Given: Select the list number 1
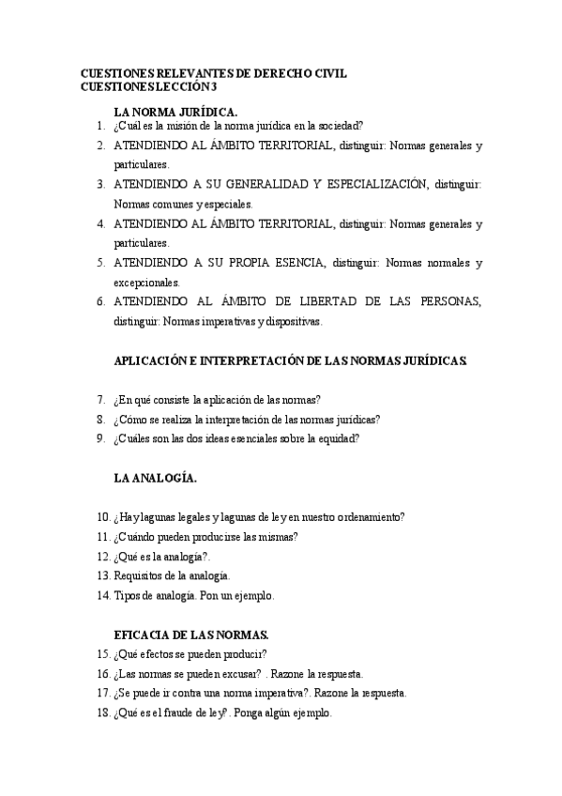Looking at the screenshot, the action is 100,126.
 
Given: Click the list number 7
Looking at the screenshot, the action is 100,399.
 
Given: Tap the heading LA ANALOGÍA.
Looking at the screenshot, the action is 155,478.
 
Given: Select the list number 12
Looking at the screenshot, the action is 103,556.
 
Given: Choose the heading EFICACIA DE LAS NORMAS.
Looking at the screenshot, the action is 191,635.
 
